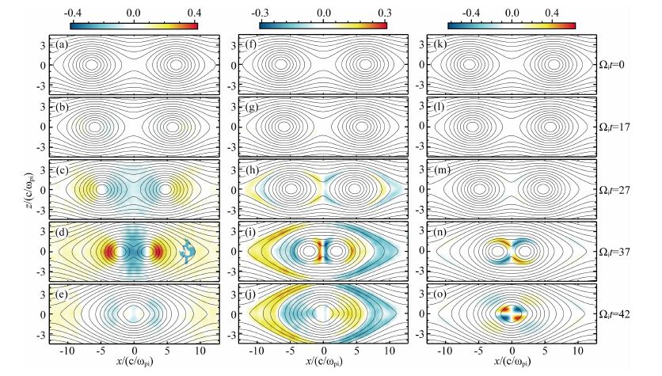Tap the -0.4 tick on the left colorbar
pyautogui.click(x=72, y=13)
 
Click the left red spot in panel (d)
pyautogui.click(x=108, y=253)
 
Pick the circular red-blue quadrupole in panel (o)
pyautogui.click(x=512, y=313)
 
